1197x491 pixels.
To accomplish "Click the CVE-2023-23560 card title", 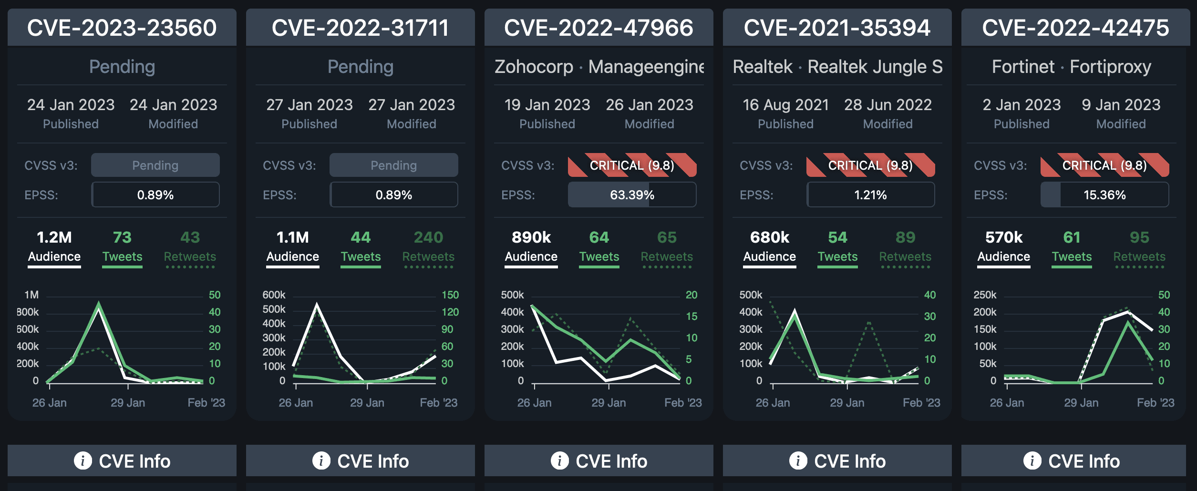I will tap(122, 28).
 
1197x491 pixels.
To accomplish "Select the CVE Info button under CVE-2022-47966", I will tap(598, 461).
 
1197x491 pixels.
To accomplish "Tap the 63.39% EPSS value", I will tap(632, 195).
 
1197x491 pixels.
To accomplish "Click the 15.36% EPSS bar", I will tap(1104, 195).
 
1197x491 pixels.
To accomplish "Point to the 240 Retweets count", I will tap(428, 237).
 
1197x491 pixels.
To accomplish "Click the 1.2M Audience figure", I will tap(54, 237).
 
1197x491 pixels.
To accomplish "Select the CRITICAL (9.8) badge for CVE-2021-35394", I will tap(870, 165).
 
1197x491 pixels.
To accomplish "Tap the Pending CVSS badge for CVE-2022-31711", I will tap(393, 165).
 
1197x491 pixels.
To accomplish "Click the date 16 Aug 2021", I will tap(785, 105).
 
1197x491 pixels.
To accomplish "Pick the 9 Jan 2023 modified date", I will tap(1121, 105).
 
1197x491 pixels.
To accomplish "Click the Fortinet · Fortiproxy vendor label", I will tap(1071, 67).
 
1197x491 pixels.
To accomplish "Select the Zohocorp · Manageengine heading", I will tap(599, 67).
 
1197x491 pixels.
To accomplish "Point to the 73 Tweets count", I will tap(122, 237).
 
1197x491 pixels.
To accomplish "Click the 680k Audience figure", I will tap(770, 237).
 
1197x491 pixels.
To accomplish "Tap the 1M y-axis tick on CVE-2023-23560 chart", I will tap(31, 295).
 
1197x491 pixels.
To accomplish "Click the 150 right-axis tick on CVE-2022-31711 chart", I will tap(450, 295).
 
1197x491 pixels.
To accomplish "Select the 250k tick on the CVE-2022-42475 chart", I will tap(985, 295).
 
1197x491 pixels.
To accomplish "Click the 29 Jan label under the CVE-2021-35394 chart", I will tap(847, 403).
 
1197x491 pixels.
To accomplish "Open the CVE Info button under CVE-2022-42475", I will tap(1073, 461).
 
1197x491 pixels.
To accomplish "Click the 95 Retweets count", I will tap(1139, 237).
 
